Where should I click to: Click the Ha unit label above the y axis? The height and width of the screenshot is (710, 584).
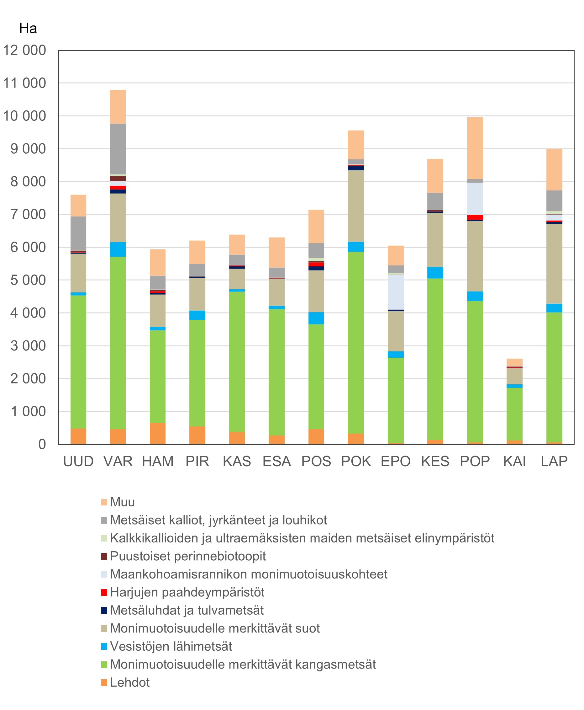point(28,29)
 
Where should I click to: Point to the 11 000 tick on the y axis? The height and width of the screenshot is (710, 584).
point(24,83)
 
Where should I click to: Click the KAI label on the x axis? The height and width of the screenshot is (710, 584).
point(514,461)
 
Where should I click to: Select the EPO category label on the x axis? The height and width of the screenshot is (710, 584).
point(395,461)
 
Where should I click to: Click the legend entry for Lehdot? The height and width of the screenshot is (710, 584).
point(129,682)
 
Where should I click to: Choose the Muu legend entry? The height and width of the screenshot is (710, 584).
point(122,502)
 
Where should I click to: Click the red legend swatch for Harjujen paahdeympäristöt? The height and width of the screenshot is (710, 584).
point(104,592)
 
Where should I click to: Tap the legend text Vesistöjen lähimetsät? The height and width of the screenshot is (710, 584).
point(171,646)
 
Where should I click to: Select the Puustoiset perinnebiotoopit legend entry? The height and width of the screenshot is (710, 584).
point(188,556)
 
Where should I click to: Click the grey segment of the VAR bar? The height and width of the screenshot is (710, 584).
point(118,149)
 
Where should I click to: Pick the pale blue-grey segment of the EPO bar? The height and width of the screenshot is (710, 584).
point(396,292)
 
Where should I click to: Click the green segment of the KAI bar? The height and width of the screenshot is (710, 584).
point(514,414)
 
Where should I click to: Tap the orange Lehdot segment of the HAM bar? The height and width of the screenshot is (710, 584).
point(157,433)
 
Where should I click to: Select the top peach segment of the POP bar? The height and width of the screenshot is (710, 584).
point(475,148)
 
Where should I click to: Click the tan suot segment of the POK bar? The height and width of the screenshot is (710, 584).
point(355,206)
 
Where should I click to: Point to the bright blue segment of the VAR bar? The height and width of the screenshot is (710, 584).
point(118,249)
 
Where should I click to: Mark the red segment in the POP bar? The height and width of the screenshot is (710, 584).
point(475,217)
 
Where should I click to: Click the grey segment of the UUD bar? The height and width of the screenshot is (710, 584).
point(78,233)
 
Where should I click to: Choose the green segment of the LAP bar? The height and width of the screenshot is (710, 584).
point(554,377)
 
